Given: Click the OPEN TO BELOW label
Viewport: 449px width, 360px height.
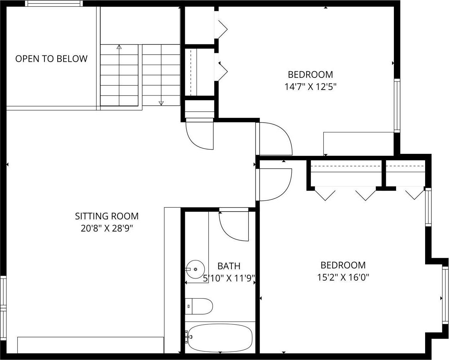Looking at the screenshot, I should point(51,59).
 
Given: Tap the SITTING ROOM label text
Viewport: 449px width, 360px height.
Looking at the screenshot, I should point(107,216).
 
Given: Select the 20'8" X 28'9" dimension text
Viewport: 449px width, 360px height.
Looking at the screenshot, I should point(107,228).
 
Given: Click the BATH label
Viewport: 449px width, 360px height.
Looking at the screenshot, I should point(229,266).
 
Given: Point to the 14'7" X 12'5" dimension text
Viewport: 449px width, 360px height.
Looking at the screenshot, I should point(310,87).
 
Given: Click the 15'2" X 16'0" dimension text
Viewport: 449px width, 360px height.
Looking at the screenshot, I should point(343,277).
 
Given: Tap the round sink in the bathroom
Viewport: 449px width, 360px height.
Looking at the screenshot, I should point(195,269).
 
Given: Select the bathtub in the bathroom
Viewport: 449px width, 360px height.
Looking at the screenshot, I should point(219,338).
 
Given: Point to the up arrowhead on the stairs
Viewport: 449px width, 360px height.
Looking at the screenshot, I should point(119,47).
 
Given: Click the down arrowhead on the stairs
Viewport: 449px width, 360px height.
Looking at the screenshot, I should point(161,103).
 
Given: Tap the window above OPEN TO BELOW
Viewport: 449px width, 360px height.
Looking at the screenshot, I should point(54,4).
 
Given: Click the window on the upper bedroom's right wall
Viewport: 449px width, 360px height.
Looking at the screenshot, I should point(397,105).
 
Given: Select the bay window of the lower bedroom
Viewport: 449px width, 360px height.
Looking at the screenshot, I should point(445,299).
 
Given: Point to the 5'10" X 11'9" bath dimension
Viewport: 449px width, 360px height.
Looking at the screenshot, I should point(229,278).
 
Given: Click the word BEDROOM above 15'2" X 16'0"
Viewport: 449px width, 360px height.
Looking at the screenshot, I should point(343,265).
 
